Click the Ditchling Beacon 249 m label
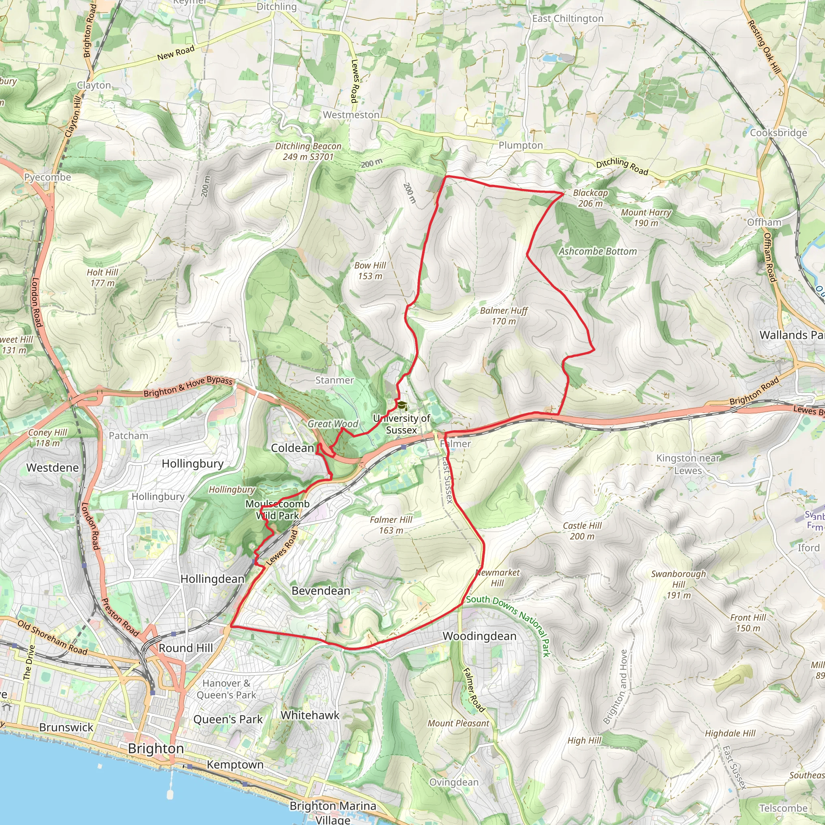click(308, 151)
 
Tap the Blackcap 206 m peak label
click(590, 198)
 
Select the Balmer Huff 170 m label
click(504, 316)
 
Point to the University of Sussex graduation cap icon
click(402, 405)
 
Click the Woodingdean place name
click(479, 636)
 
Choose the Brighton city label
click(156, 748)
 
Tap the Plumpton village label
click(520, 145)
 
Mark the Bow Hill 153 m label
click(370, 271)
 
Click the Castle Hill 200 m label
click(582, 531)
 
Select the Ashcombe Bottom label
click(598, 251)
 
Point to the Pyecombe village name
click(48, 177)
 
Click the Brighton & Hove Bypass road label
click(188, 386)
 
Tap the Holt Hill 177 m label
click(102, 278)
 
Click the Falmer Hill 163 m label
click(391, 525)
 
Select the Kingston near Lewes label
click(688, 464)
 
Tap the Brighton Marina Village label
click(333, 812)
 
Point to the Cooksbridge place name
click(778, 133)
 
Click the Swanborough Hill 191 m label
click(678, 584)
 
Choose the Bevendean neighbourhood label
click(321, 591)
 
